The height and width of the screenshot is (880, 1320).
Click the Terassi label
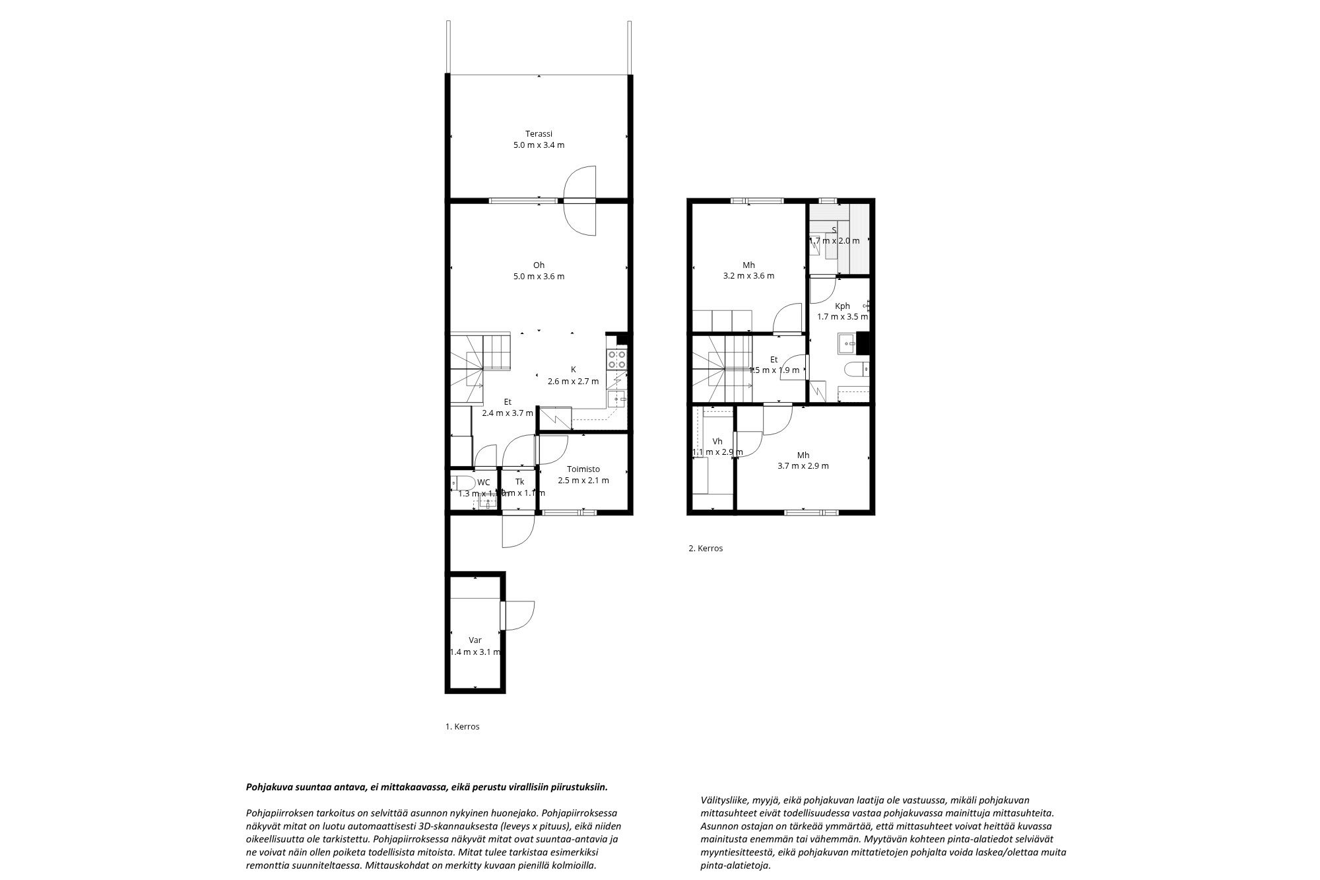tap(539, 133)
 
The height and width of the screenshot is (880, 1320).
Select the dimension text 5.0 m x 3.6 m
tap(539, 277)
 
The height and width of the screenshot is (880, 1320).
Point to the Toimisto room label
tap(583, 469)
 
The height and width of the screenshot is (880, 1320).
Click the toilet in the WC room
tap(462, 482)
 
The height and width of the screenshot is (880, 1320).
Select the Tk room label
tap(520, 482)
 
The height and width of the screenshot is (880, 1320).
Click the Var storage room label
tap(475, 640)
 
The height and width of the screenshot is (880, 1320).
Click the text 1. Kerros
tap(462, 727)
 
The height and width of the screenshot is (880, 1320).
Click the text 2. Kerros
tap(706, 548)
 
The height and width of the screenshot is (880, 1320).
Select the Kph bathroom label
tap(842, 306)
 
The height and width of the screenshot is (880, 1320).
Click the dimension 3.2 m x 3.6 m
tap(748, 276)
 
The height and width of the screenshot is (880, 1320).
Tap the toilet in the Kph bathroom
tap(855, 370)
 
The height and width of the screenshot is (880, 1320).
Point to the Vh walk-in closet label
tap(717, 441)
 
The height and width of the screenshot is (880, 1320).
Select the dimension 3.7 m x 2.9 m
tap(803, 466)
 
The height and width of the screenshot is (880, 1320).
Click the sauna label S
tap(834, 230)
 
